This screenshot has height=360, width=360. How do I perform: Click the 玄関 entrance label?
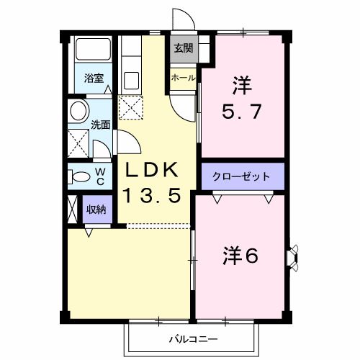pos(182,49)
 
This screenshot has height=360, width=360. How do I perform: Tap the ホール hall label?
pos(182,76)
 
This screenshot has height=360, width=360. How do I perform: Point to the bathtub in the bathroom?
pos(93,51)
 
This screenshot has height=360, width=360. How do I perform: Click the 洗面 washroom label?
pos(100,123)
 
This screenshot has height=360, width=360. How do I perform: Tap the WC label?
pos(100,176)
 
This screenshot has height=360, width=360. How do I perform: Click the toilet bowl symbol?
pos(78,176)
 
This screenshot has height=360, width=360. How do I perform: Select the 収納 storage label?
pos(96,210)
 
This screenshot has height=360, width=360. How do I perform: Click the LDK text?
pos(152,171)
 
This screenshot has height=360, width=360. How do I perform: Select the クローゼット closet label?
pos(242,176)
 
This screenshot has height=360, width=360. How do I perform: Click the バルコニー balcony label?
pos(193,337)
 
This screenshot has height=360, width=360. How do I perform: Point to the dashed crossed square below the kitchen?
pos(131,108)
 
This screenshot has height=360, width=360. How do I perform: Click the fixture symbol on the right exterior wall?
pos(293,256)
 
